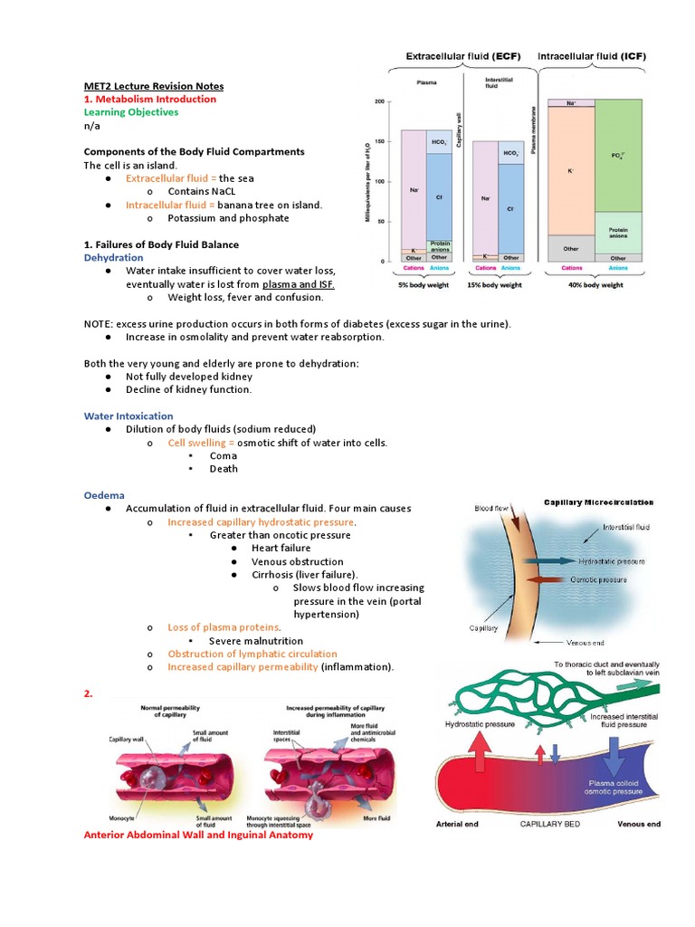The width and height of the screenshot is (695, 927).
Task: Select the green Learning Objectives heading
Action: click(x=130, y=112)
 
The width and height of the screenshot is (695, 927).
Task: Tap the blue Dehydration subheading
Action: click(x=113, y=257)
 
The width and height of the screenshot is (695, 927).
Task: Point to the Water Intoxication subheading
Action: click(x=128, y=416)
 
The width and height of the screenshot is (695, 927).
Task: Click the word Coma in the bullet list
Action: click(x=223, y=455)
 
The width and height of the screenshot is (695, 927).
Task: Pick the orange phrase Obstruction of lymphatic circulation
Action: click(x=252, y=654)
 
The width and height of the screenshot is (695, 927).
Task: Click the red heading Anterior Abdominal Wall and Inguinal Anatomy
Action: click(x=197, y=835)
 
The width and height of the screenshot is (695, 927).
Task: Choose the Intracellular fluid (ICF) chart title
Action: click(x=598, y=56)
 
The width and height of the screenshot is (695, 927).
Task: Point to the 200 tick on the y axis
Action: click(x=379, y=101)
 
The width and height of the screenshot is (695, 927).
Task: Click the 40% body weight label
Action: click(x=595, y=284)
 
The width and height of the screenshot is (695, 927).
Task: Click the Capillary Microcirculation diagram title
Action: click(x=598, y=502)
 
